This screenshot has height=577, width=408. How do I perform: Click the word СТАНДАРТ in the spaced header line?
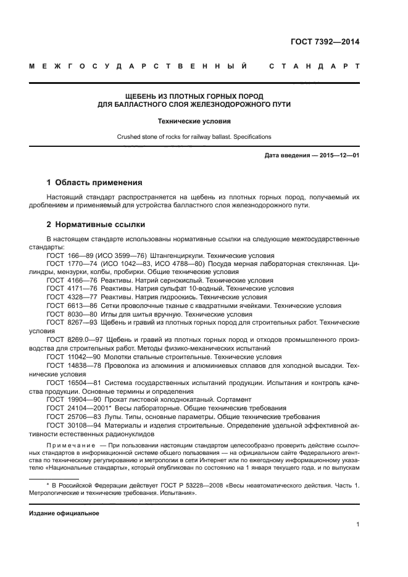pyautogui.click(x=314, y=65)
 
